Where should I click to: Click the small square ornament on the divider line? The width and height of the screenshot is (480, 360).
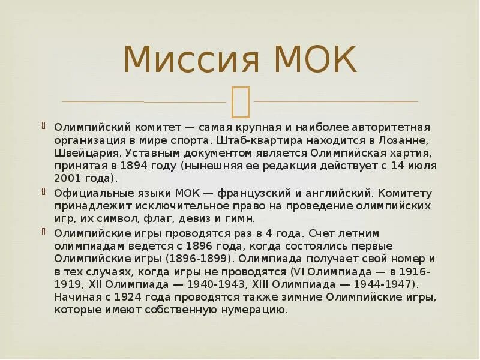pos(240,100)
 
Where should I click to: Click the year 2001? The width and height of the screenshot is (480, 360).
pos(67,178)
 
